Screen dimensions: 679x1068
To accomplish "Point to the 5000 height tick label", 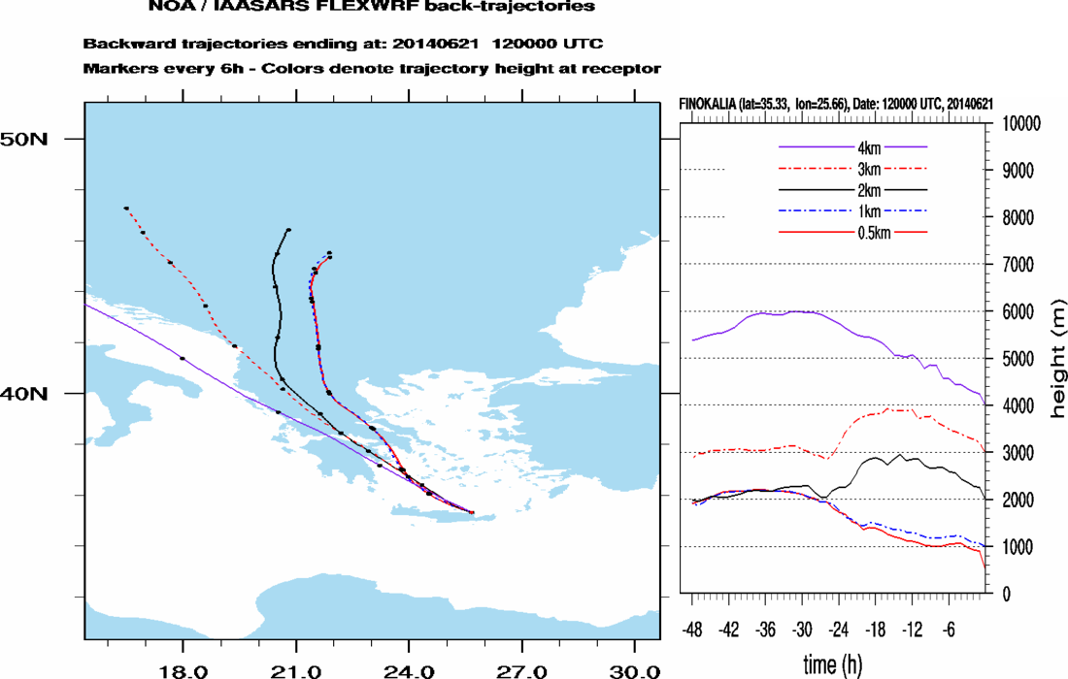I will (x=1017, y=359).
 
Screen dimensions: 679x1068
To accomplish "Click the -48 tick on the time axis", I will (x=693, y=627).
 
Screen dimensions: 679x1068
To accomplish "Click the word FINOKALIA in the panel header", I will (x=709, y=104).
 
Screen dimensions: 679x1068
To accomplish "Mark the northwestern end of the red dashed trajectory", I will (x=126, y=208).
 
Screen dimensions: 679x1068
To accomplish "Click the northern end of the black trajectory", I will (x=289, y=230).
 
